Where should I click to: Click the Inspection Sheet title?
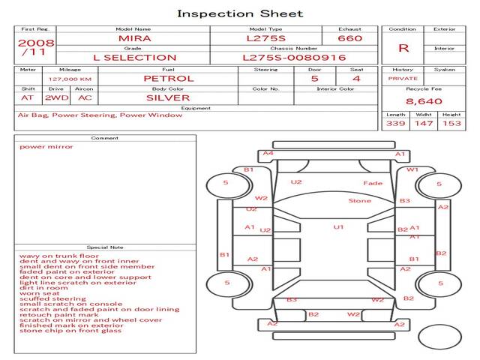[x=240, y=13]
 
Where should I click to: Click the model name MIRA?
[x=134, y=38]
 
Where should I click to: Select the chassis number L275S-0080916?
[x=295, y=57]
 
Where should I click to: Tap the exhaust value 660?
[x=349, y=38]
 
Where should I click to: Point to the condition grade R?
[x=403, y=48]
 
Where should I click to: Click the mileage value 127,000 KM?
[x=70, y=78]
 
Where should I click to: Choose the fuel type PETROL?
[x=168, y=78]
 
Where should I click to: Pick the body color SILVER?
[x=168, y=97]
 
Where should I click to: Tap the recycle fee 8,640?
[x=424, y=100]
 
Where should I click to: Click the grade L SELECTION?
[x=134, y=57]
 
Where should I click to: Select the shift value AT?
[x=28, y=97]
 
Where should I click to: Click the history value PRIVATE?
[x=403, y=78]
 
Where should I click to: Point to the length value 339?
[x=396, y=123]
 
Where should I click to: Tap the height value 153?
[x=451, y=123]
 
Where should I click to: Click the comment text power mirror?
[x=46, y=146]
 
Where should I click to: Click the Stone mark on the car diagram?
[x=359, y=201]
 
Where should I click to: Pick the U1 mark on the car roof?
[x=338, y=226]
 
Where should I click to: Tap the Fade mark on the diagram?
[x=373, y=184]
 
